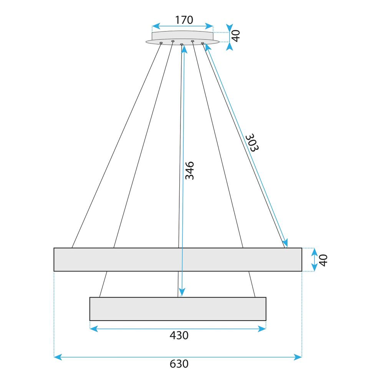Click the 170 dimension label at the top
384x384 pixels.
tap(184, 20)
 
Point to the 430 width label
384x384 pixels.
tap(179, 335)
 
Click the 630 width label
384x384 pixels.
tap(179, 364)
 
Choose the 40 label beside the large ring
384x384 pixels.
tap(324, 260)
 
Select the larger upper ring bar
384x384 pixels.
tap(178, 260)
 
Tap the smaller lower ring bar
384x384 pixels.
tap(178, 309)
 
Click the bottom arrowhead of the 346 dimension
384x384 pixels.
tap(182, 293)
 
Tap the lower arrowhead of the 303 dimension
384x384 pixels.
tap(285, 243)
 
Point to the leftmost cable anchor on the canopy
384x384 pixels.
tap(161, 43)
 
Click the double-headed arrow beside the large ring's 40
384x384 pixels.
tap(314, 260)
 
